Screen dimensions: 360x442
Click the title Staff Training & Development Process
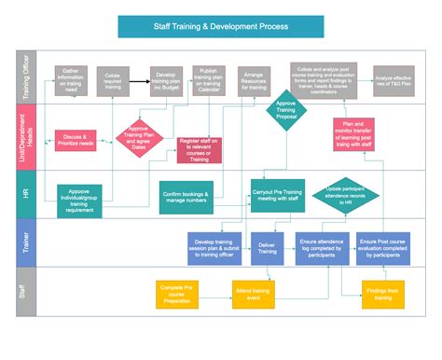(x=221, y=29)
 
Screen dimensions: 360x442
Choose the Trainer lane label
(x=25, y=242)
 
